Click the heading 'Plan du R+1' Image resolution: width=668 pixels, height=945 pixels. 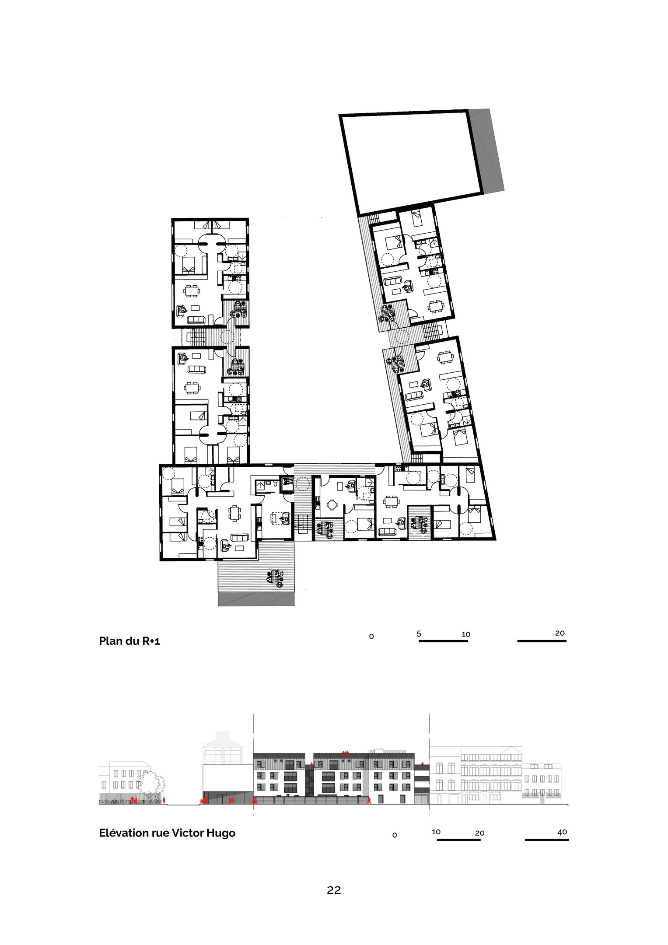pyautogui.click(x=129, y=641)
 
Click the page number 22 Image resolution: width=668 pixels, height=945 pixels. pyautogui.click(x=334, y=890)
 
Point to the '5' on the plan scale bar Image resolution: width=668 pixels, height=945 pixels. pyautogui.click(x=419, y=633)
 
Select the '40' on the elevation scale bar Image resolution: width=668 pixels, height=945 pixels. pyautogui.click(x=562, y=832)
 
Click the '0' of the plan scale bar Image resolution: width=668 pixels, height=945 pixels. pyautogui.click(x=371, y=637)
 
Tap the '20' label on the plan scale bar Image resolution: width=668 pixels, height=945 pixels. pyautogui.click(x=560, y=633)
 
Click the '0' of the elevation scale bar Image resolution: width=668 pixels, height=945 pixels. pyautogui.click(x=395, y=835)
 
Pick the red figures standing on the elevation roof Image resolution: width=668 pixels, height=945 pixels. pyautogui.click(x=346, y=752)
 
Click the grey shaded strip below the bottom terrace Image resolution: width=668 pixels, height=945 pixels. pyautogui.click(x=256, y=599)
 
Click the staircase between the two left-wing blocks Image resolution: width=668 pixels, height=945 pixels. pyautogui.click(x=196, y=337)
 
